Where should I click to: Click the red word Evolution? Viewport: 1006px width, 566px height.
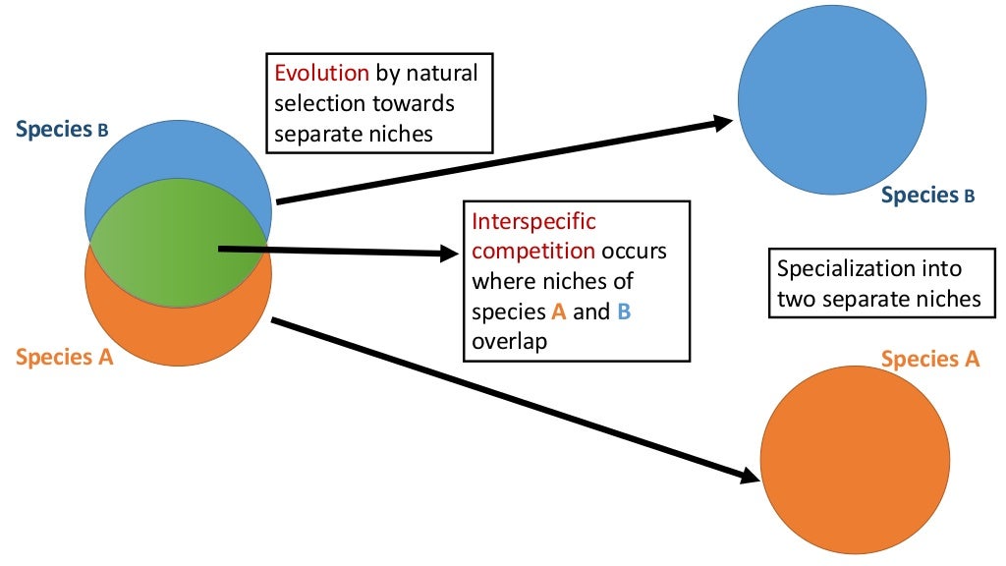pyautogui.click(x=321, y=74)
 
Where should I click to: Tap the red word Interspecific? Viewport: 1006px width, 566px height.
pyautogui.click(x=533, y=222)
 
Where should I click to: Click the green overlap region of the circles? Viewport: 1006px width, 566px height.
pyautogui.click(x=177, y=250)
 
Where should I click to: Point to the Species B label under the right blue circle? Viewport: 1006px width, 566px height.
pyautogui.click(x=927, y=196)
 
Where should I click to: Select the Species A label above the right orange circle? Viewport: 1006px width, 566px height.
pyautogui.click(x=929, y=359)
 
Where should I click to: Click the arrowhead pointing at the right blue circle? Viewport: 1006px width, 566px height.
pyautogui.click(x=723, y=123)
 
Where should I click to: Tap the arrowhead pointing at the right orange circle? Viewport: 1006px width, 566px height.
pyautogui.click(x=749, y=476)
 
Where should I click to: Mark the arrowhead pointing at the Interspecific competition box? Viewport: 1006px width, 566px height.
pyautogui.click(x=450, y=254)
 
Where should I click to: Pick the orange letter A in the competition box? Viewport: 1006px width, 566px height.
pyautogui.click(x=560, y=312)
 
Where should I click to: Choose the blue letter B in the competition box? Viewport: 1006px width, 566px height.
pyautogui.click(x=623, y=312)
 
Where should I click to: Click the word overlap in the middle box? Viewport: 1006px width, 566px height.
pyautogui.click(x=509, y=342)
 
